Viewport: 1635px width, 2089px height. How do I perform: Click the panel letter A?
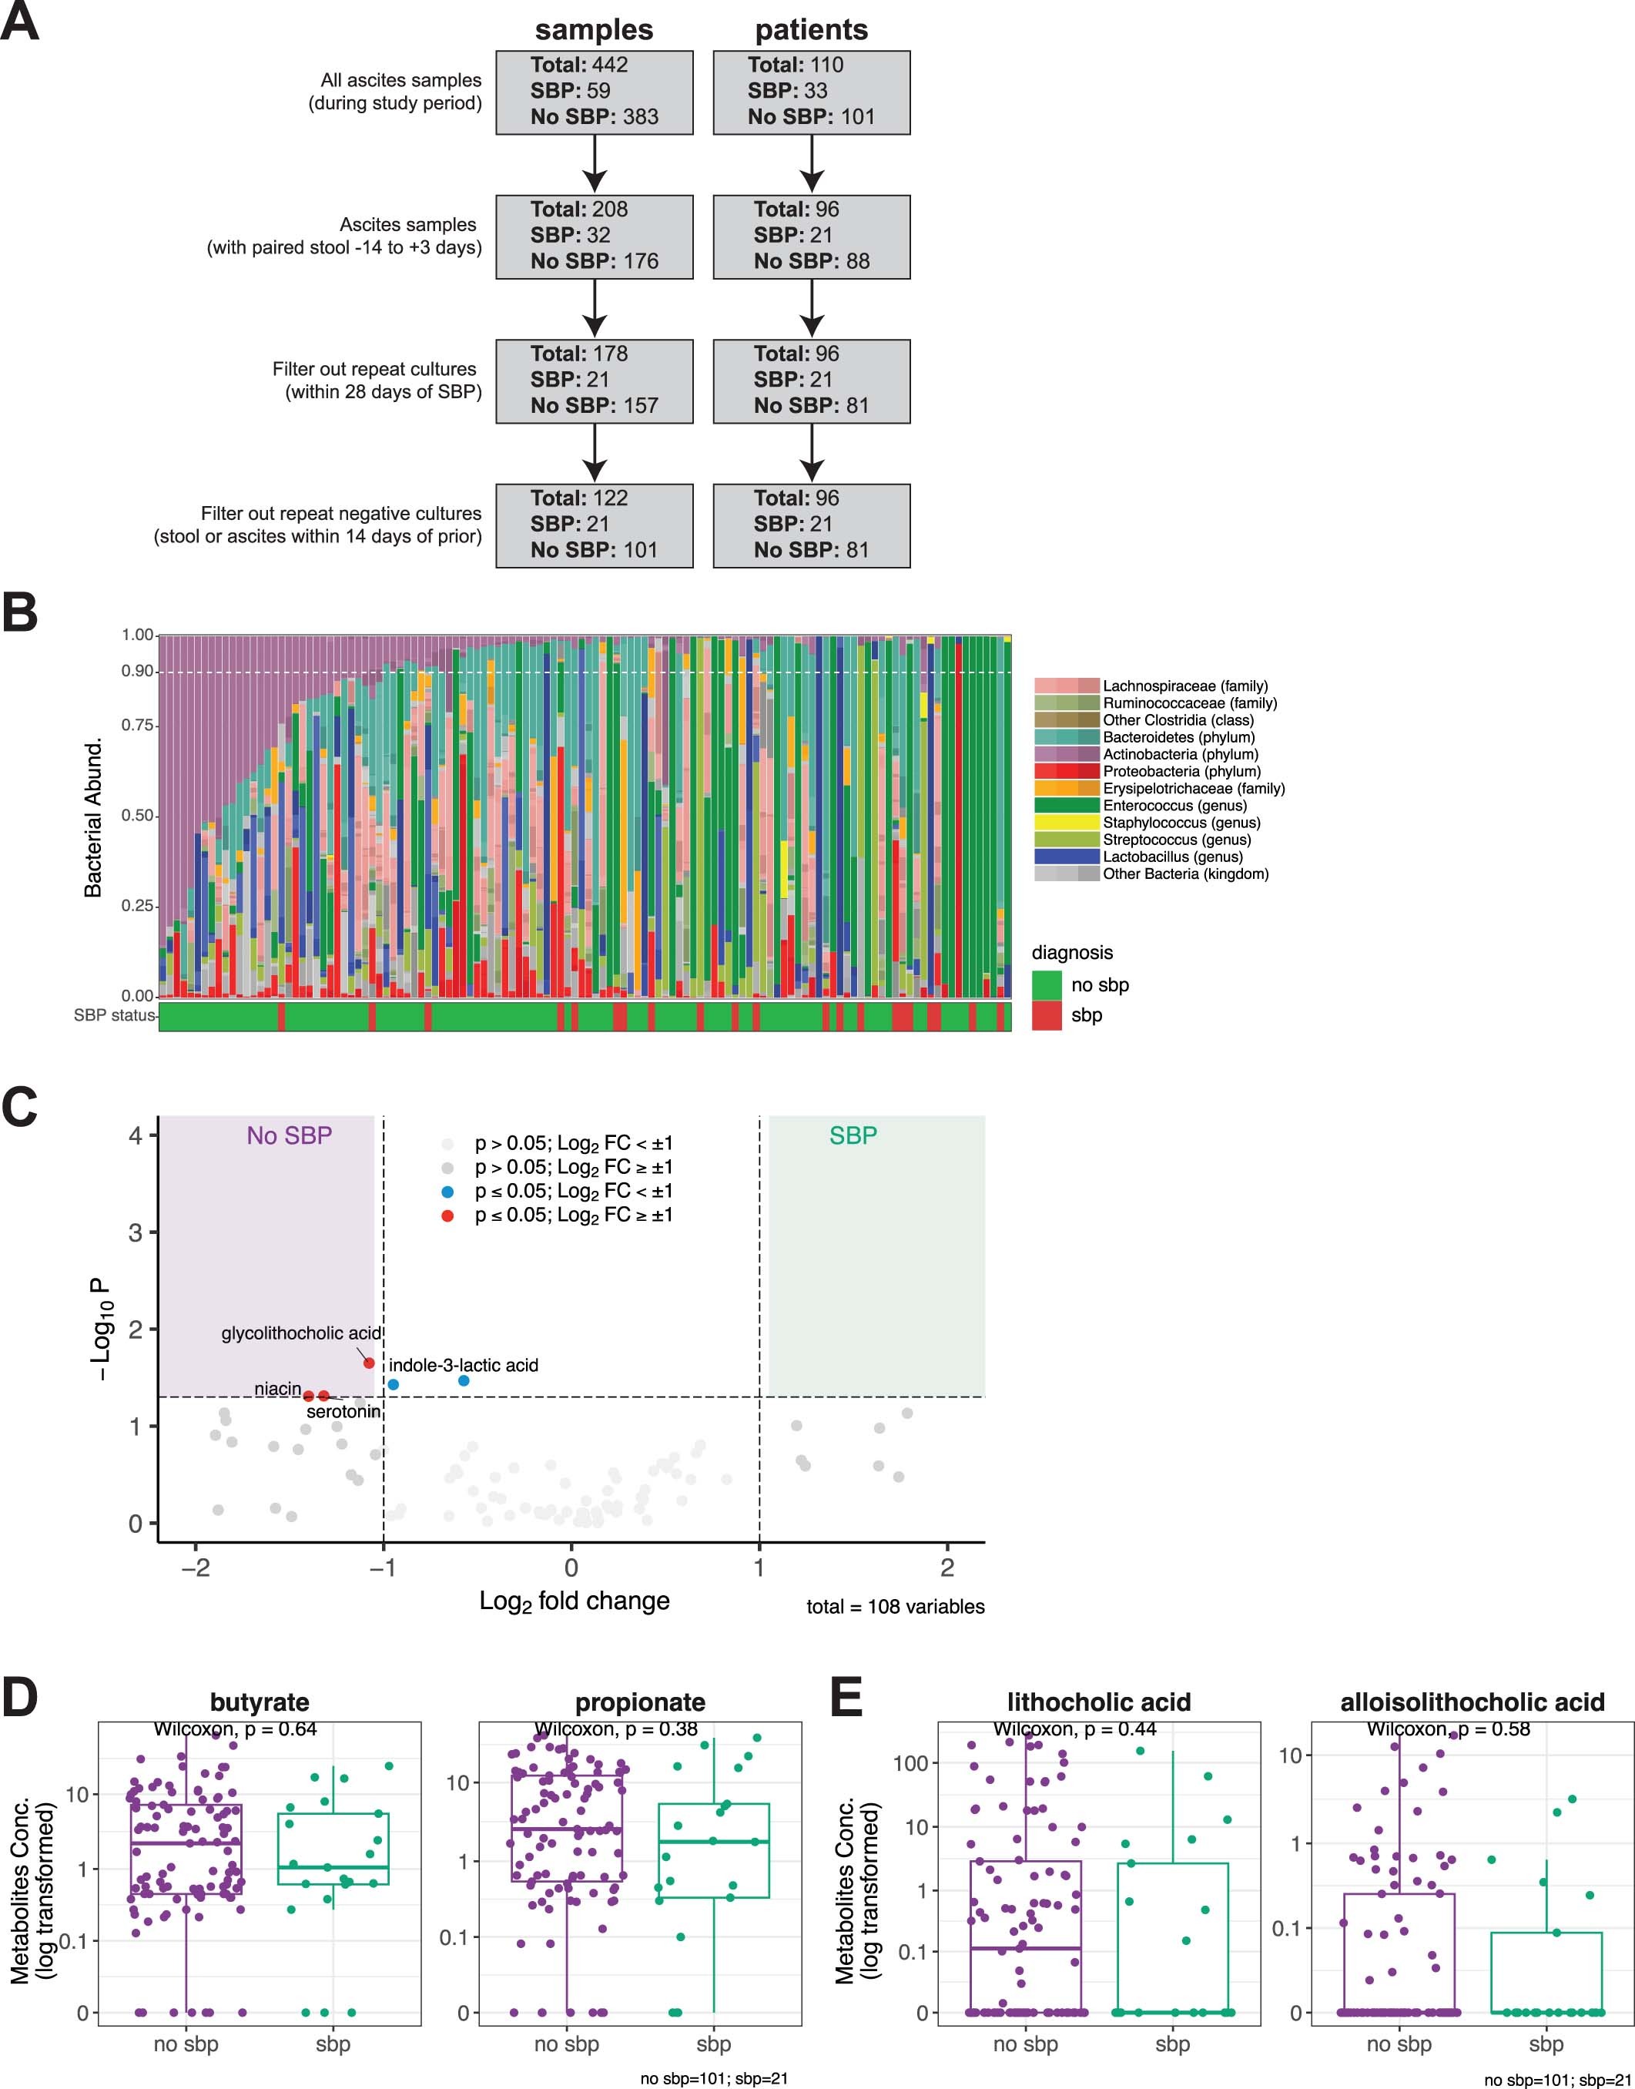point(19,21)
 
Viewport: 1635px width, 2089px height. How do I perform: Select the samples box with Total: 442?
point(594,92)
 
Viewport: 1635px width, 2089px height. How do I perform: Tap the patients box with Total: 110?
point(811,92)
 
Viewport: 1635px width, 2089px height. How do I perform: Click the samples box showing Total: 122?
point(594,525)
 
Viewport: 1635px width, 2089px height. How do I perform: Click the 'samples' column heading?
point(594,30)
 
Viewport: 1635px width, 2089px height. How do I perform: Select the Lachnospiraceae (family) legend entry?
point(1184,686)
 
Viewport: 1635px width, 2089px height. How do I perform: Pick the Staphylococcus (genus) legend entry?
point(1181,823)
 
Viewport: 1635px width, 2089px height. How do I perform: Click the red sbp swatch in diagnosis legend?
point(1047,1014)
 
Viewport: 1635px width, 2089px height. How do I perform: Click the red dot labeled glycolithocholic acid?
point(369,1363)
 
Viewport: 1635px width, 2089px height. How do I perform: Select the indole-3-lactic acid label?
point(464,1365)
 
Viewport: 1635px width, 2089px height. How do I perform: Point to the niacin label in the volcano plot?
point(277,1389)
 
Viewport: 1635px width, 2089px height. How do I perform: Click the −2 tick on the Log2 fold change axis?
point(196,1568)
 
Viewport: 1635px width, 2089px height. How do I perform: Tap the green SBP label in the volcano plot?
point(852,1135)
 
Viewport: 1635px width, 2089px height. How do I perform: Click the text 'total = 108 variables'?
point(895,1607)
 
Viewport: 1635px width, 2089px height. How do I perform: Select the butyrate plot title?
point(260,1702)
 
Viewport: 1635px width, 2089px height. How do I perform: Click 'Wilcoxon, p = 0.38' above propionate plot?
point(615,1729)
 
